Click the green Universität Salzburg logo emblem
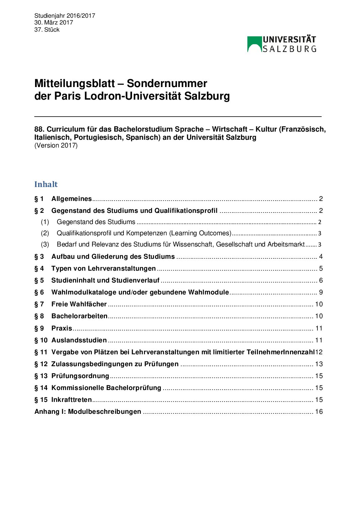[254, 44]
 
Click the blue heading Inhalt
[46, 184]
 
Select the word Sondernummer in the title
[167, 84]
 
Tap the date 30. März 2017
[54, 22]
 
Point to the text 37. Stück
[47, 30]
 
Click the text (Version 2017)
[56, 146]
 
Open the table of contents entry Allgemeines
[71, 199]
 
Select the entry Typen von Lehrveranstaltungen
[103, 269]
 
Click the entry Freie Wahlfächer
[79, 304]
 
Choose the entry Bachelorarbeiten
[79, 316]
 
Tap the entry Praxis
[62, 328]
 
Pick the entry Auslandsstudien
[79, 340]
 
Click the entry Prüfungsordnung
[80, 376]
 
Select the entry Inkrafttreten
[71, 400]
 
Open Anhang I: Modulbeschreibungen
[88, 412]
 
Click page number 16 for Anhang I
[319, 412]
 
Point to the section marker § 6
[39, 292]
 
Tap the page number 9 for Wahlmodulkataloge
[321, 292]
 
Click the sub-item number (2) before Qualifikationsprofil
[45, 233]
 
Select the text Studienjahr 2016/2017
[65, 16]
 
